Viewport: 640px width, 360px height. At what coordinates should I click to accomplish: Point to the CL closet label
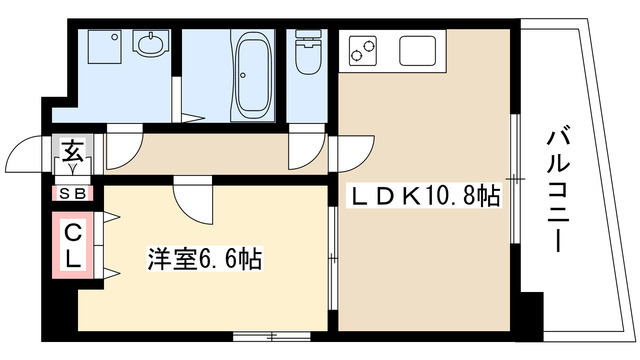(x=74, y=246)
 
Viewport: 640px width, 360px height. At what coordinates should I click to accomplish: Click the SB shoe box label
(x=73, y=194)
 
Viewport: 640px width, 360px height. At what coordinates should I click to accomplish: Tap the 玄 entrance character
(x=74, y=153)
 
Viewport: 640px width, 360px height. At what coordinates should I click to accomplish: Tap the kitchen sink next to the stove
(x=415, y=47)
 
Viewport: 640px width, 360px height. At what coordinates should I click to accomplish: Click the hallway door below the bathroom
(x=301, y=151)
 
